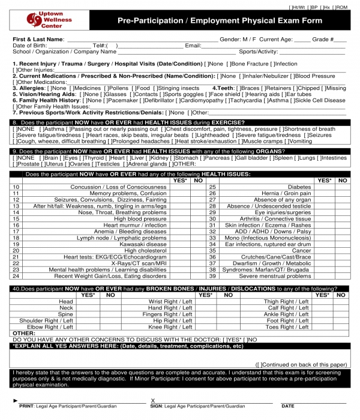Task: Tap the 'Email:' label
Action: [x=193, y=46]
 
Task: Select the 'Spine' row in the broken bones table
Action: [x=65, y=314]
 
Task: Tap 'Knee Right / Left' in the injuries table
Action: [x=170, y=328]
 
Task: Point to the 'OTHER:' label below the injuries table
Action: [x=23, y=333]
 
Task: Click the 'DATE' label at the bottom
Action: [x=288, y=406]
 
